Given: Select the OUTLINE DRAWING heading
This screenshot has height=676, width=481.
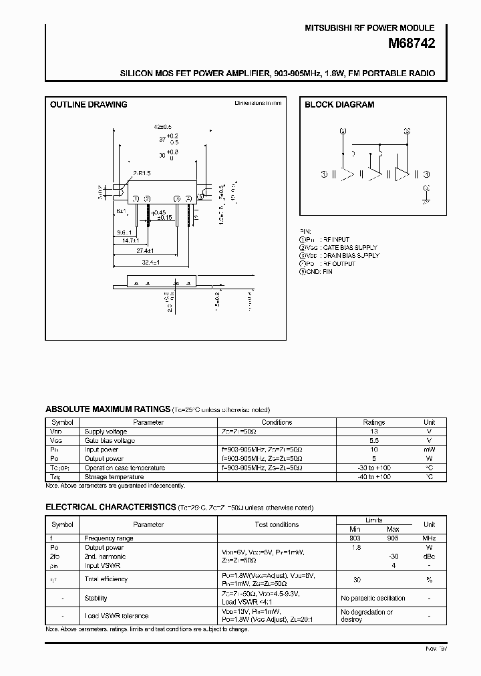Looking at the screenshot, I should (x=89, y=105).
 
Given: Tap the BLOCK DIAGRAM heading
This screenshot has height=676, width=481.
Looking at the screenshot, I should (x=339, y=105).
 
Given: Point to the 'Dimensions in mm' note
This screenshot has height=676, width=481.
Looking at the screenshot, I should (x=258, y=103).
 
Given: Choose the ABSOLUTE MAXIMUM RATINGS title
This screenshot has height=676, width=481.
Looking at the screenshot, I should (x=108, y=409).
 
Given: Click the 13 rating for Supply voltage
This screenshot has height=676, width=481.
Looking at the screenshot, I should (x=373, y=432).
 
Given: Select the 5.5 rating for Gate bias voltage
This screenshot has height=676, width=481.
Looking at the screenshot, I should (x=373, y=441).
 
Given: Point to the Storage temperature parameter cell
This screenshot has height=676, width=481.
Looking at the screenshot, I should (x=114, y=477).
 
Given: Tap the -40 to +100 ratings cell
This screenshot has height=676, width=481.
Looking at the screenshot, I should (x=373, y=477).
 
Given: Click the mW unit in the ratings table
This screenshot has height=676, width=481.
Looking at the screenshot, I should (x=429, y=450).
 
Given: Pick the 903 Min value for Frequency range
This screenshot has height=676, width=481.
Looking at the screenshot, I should (x=355, y=538).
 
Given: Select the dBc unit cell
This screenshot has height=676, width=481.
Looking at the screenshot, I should (x=429, y=556).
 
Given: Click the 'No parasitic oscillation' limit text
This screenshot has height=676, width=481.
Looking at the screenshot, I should (x=373, y=598).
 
